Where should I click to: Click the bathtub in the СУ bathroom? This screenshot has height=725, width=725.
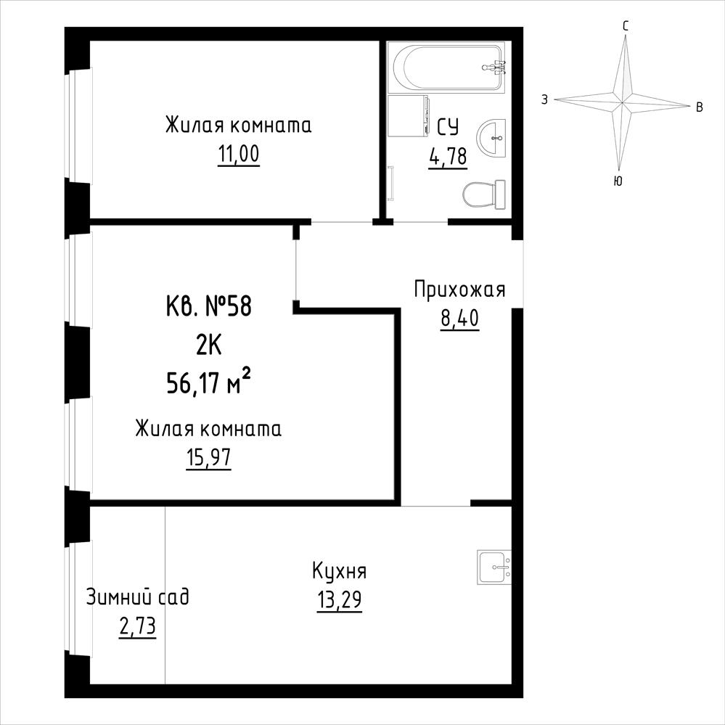click(448, 67)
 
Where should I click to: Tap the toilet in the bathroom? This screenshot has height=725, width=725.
click(483, 194)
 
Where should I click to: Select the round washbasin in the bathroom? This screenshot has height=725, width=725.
click(491, 138)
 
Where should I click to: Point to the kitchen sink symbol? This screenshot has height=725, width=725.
click(494, 567)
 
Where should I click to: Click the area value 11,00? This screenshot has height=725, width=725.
click(239, 155)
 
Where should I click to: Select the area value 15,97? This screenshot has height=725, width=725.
click(208, 458)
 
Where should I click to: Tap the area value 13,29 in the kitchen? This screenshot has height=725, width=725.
click(340, 600)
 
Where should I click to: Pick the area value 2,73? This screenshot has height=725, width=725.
click(137, 627)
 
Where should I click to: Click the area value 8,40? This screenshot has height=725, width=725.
click(459, 319)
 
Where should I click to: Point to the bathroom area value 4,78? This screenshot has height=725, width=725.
click(448, 157)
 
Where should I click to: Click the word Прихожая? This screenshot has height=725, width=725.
click(459, 290)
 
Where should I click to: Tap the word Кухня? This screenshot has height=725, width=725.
click(340, 571)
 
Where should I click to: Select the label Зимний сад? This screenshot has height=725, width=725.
click(138, 597)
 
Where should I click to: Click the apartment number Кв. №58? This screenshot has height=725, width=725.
click(208, 306)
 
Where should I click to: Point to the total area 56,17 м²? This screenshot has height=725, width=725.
click(208, 383)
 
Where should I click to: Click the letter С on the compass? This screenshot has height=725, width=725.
click(626, 26)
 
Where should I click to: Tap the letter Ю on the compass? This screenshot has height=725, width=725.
click(618, 181)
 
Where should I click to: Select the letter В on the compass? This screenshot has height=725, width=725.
click(700, 107)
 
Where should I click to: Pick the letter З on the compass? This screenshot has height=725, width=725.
click(545, 99)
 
